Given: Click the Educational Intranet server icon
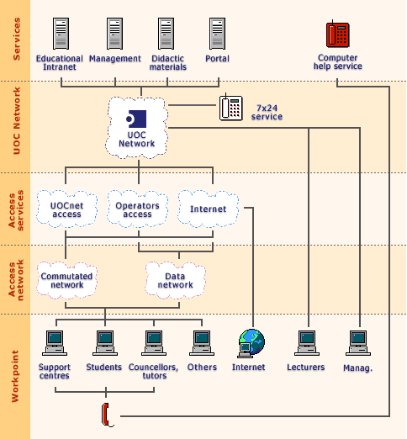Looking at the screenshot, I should click(60, 34).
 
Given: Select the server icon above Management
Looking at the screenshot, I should click(115, 34).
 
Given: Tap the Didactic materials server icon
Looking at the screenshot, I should click(167, 34).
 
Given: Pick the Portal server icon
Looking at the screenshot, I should click(218, 34).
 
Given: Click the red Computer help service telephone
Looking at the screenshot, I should click(337, 34).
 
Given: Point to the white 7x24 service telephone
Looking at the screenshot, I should click(231, 108).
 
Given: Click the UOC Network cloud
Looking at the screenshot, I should click(137, 128).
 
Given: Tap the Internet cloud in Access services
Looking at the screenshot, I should click(208, 209).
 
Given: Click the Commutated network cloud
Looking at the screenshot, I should click(66, 280).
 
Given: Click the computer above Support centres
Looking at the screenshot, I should click(55, 341).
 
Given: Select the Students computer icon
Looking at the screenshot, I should click(104, 341).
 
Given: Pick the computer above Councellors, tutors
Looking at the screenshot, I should click(153, 341).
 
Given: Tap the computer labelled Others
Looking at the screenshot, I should click(202, 341).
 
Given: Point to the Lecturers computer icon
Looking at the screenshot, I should click(306, 341).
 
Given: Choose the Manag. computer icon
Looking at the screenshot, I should click(359, 341).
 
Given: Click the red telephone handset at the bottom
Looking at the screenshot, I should click(107, 413).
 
